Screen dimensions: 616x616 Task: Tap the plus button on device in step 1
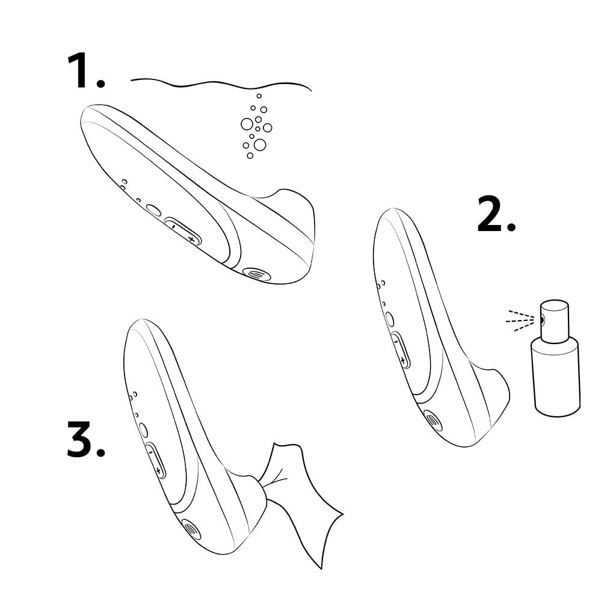[x=191, y=239]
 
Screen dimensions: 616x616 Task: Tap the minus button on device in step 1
[x=173, y=227]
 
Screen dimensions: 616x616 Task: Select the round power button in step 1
[x=153, y=211]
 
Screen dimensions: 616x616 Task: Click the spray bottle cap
[x=553, y=319]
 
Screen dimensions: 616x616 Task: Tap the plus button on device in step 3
[x=159, y=470]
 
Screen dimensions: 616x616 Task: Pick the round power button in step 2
[x=389, y=319]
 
